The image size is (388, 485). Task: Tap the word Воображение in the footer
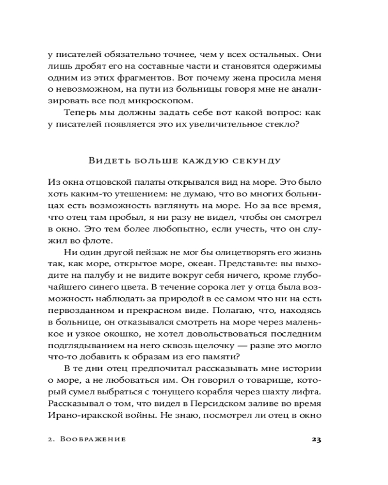(94, 440)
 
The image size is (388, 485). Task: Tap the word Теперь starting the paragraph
(81, 113)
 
